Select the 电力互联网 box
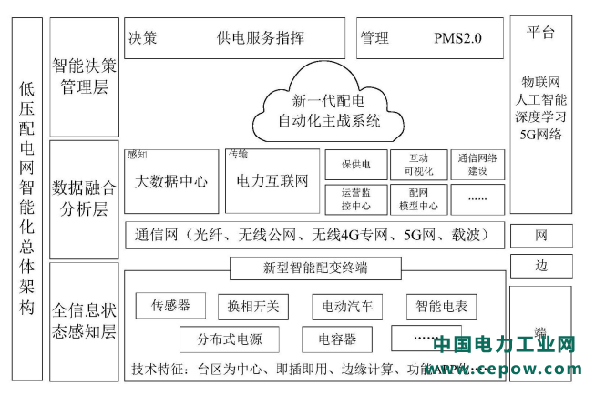[x=272, y=181]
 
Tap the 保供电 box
[x=355, y=165]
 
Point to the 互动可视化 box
[x=418, y=165]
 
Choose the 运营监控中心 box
[x=355, y=198]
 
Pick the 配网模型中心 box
[x=418, y=198]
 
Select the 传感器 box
[x=170, y=306]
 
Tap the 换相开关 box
[x=253, y=307]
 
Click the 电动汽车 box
[x=342, y=307]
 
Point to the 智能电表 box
[x=441, y=307]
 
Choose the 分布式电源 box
[x=230, y=339]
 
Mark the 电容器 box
[x=337, y=339]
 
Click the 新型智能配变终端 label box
[x=315, y=268]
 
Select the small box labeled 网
[x=541, y=236]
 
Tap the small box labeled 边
[x=541, y=266]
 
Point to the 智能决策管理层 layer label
[x=84, y=76]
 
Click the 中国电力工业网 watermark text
[x=504, y=346]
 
